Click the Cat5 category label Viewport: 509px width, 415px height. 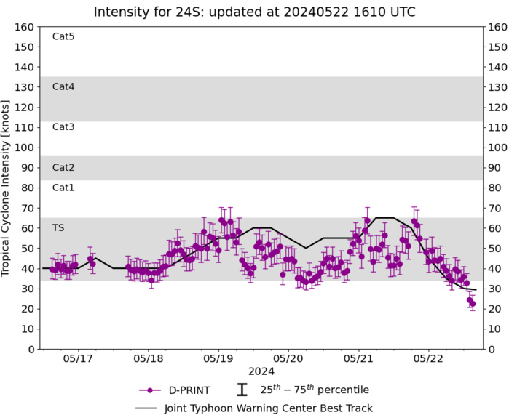pyautogui.click(x=63, y=36)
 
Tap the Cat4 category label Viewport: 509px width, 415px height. pyautogui.click(x=63, y=86)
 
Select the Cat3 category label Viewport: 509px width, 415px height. pyautogui.click(x=63, y=127)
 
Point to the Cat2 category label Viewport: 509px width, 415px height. pyautogui.click(x=63, y=168)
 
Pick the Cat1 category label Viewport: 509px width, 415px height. pyautogui.click(x=63, y=188)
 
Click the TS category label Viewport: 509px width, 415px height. pyautogui.click(x=58, y=228)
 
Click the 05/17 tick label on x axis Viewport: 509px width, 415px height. pyautogui.click(x=78, y=359)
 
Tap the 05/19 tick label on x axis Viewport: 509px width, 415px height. pyautogui.click(x=218, y=359)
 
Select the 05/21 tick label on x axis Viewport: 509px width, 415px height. pyautogui.click(x=358, y=359)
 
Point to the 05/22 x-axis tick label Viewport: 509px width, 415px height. pyautogui.click(x=427, y=359)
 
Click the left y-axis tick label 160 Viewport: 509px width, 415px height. pyautogui.click(x=25, y=27)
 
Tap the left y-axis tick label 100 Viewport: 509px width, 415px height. pyautogui.click(x=25, y=148)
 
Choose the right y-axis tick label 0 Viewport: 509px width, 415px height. pyautogui.click(x=492, y=350)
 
